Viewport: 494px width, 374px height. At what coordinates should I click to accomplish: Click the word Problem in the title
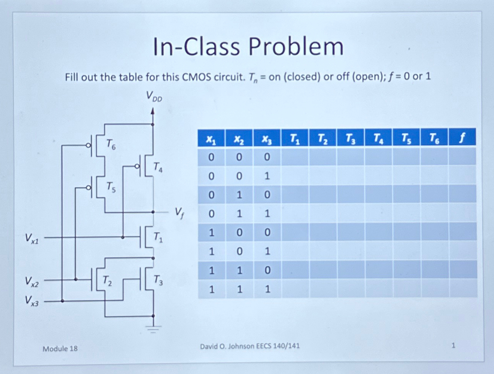click(296, 47)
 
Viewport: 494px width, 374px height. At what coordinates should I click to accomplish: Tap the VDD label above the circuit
click(154, 96)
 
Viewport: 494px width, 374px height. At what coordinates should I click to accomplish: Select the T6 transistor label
click(111, 144)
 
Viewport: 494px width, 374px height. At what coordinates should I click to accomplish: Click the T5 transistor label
click(111, 187)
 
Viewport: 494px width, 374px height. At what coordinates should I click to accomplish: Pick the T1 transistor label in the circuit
click(158, 238)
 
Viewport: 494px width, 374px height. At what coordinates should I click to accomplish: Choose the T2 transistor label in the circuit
click(107, 281)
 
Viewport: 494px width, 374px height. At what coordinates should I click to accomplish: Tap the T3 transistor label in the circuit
click(158, 281)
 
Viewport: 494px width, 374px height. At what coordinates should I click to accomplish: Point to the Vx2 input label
click(32, 282)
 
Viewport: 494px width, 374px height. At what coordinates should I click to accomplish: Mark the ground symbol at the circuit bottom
click(153, 329)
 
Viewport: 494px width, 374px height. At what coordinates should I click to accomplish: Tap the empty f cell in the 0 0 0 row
click(462, 156)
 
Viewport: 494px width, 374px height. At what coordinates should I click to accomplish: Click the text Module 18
click(60, 348)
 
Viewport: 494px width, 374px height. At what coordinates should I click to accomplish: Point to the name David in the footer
click(209, 346)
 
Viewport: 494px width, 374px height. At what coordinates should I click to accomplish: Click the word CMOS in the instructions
click(195, 77)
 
